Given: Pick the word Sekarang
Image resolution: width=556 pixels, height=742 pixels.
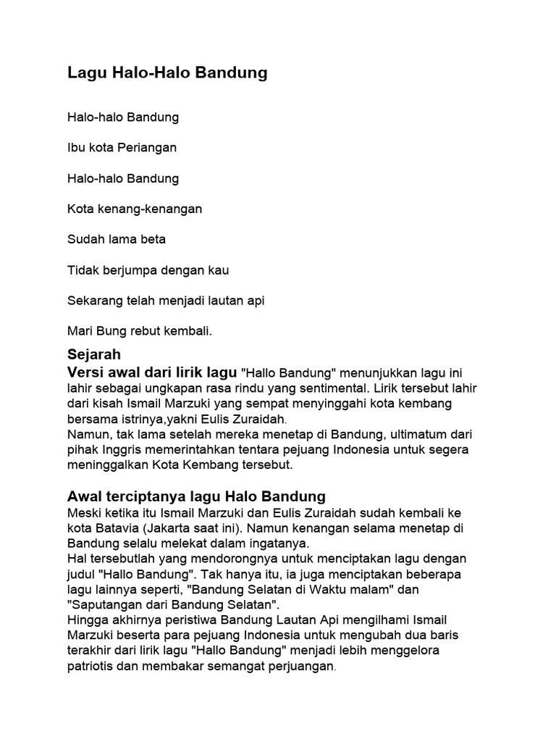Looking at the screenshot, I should (x=95, y=301).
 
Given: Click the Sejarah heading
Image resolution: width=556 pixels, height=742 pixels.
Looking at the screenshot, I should (x=93, y=355).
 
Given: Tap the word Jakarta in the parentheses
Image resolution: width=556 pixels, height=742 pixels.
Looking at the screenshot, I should (x=178, y=528).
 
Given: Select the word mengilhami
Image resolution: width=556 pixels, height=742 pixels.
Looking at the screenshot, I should (x=378, y=620).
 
